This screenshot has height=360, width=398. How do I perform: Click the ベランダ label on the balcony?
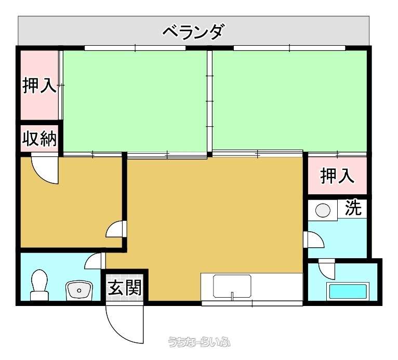[x=193, y=32]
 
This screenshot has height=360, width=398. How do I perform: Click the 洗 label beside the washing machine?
[x=353, y=208]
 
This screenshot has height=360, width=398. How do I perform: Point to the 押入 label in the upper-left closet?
[x=39, y=85]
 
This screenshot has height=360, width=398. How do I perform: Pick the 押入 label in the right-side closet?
[x=337, y=176]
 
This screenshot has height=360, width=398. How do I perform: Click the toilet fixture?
[x=39, y=285]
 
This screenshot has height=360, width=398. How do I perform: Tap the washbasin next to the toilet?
[x=79, y=290]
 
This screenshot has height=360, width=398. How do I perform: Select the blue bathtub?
[x=348, y=291]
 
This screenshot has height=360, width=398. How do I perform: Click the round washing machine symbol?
[x=323, y=210]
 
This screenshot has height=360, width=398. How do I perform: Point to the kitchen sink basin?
[x=232, y=286]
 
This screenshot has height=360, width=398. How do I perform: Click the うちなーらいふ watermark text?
[x=199, y=342]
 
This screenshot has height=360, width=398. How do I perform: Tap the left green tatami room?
[x=135, y=101]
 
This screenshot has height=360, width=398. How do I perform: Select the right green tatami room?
[x=289, y=101]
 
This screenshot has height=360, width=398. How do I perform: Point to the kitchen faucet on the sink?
[x=232, y=295]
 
